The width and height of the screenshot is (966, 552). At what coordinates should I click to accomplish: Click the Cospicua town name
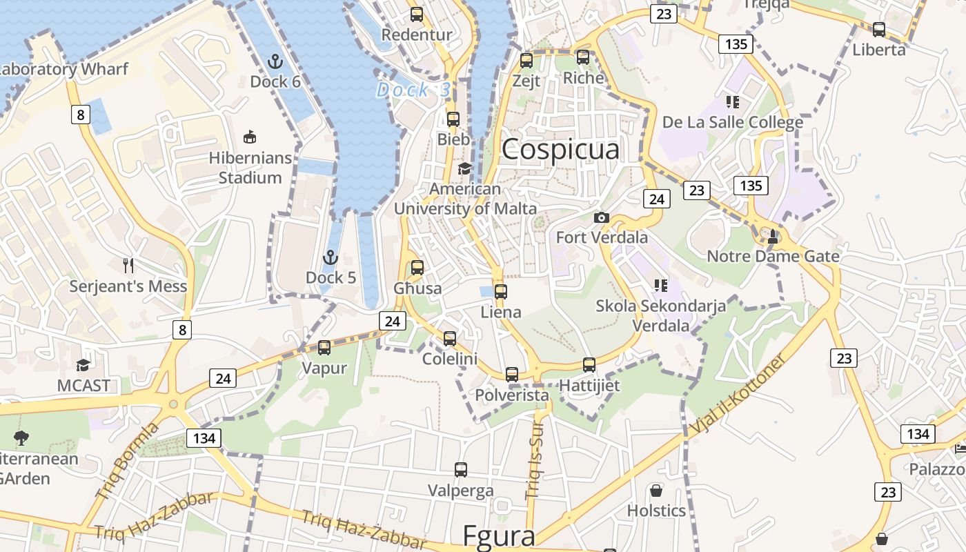(560, 149)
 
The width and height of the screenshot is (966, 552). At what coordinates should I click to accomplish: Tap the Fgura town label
(498, 536)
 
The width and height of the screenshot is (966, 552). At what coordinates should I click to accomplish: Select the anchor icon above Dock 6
(275, 61)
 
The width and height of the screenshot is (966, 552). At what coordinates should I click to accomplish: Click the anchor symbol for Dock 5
(331, 258)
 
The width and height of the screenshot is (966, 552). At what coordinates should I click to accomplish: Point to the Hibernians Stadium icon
(250, 137)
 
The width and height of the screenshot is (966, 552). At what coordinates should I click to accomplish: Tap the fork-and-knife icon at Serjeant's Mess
(128, 266)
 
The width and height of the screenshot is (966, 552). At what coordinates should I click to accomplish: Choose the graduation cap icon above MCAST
(83, 365)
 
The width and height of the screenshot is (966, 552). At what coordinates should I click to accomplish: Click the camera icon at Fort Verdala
(602, 217)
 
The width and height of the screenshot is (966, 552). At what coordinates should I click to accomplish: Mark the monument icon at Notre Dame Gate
(773, 237)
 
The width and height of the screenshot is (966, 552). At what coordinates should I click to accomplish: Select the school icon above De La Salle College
(733, 102)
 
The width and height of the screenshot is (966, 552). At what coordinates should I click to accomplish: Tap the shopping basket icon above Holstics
(656, 491)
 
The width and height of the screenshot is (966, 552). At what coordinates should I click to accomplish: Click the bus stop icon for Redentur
(417, 14)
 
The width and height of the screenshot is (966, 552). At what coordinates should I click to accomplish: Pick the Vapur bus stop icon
(324, 348)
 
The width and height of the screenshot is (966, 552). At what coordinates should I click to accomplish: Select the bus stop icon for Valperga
(461, 470)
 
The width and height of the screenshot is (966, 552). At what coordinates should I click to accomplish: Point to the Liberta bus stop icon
(879, 30)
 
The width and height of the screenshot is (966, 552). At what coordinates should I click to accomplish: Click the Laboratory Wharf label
(63, 69)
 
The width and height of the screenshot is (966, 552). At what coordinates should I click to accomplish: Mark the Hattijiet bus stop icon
(589, 365)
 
